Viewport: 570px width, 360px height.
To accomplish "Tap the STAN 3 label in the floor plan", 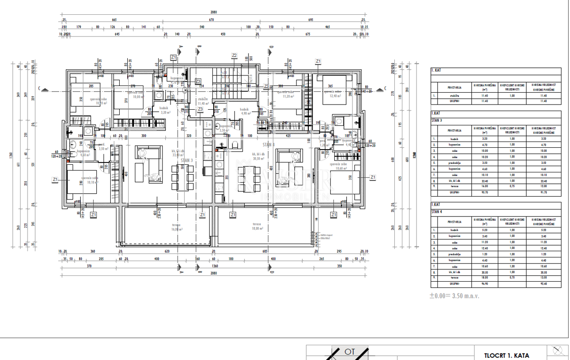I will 187,161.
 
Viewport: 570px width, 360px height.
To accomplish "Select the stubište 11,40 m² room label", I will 203,101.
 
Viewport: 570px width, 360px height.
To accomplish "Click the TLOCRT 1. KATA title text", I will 506,355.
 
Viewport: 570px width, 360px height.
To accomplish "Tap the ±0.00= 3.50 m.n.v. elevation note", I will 455,295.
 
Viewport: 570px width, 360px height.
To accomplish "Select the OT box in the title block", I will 350,352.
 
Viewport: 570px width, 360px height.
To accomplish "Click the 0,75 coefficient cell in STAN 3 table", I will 512,187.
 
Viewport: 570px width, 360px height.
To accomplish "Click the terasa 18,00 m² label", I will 257,227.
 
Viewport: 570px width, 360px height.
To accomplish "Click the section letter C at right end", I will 385,88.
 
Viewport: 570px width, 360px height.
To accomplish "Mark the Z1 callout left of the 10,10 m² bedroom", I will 55,179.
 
